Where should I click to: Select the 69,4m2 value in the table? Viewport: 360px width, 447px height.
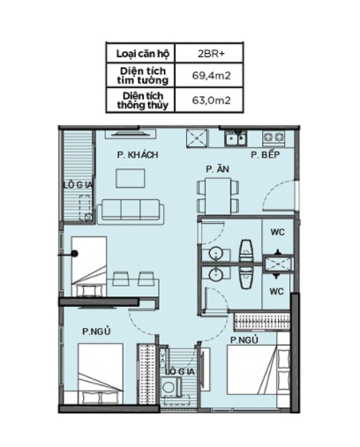pos(211,76)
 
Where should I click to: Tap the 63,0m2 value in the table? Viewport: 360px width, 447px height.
pos(211,101)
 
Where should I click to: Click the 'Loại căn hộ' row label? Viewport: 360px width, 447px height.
pos(143,54)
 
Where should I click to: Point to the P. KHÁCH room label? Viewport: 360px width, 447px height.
pos(138,154)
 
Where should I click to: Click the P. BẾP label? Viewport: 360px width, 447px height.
pos(266,154)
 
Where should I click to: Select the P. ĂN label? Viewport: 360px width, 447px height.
pos(217,169)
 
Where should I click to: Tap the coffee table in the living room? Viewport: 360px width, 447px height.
pos(131,178)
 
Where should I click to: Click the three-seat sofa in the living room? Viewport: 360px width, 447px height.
pos(131,211)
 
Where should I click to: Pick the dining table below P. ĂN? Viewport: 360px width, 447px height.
pos(218,197)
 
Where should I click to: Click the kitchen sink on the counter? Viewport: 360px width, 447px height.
pos(236,138)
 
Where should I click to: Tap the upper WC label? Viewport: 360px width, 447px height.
pos(278,232)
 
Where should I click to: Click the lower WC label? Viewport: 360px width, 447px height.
pos(277,292)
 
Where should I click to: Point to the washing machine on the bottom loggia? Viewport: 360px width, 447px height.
pos(170,386)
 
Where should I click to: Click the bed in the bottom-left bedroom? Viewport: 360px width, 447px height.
pos(101,374)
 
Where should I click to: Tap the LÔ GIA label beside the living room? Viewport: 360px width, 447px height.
pos(79,185)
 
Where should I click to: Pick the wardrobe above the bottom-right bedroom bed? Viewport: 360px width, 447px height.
pos(262,322)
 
